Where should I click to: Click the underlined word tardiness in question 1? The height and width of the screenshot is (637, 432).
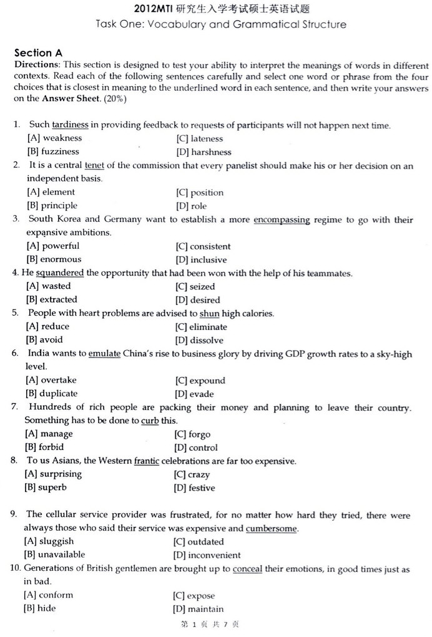tap(70, 125)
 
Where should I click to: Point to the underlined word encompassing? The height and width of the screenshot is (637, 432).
tap(282, 219)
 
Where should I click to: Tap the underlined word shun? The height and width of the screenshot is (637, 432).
tap(209, 313)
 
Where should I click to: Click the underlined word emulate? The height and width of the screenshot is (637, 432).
tap(104, 354)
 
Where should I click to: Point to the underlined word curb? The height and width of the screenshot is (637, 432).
tap(150, 421)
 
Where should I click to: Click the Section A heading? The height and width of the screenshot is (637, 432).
tap(38, 53)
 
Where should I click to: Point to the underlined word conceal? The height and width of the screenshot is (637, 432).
tap(247, 569)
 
